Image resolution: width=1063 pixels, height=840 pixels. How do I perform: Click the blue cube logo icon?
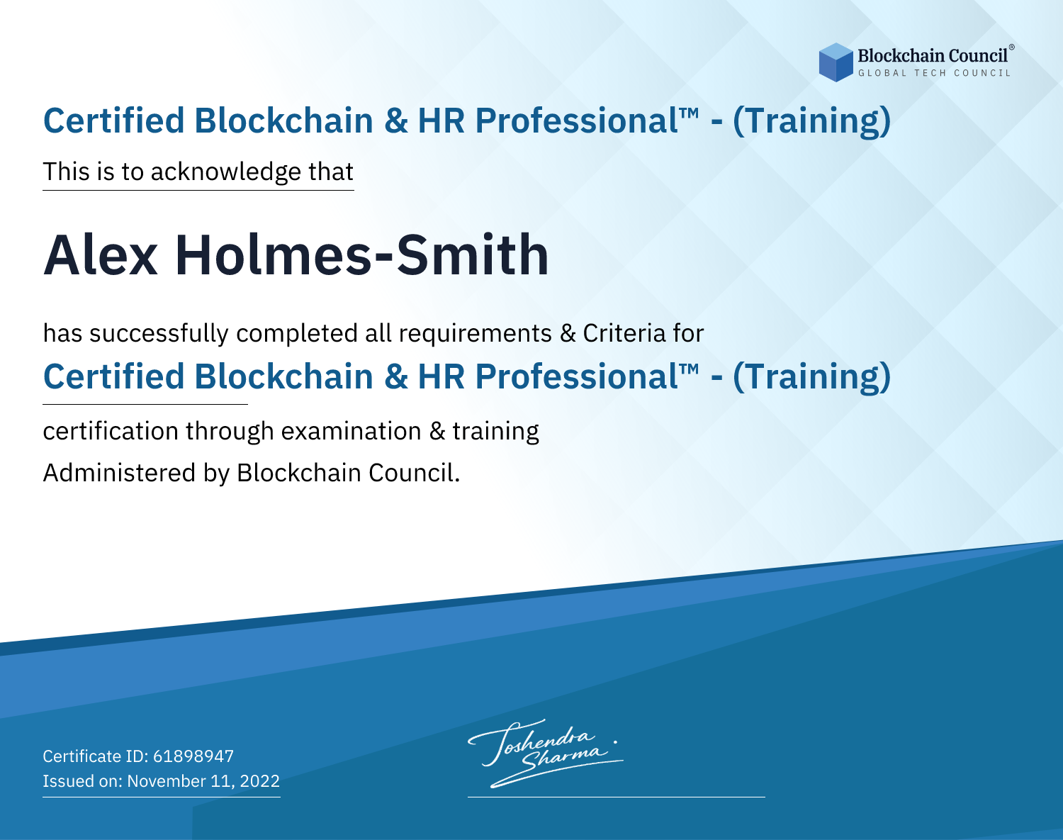[836, 62]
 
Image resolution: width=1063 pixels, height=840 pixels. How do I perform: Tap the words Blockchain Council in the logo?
[933, 56]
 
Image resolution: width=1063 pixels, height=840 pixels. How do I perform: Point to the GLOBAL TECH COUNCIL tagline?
[934, 73]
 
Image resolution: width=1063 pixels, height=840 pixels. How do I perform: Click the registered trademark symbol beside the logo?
[1012, 47]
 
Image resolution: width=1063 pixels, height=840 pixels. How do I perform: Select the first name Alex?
[101, 255]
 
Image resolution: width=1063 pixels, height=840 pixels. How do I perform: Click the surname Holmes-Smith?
[362, 254]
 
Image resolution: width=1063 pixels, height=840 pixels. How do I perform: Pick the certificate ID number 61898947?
[193, 756]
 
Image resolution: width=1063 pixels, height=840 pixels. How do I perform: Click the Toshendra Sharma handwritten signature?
[546, 753]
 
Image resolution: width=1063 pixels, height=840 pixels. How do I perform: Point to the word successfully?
[159, 334]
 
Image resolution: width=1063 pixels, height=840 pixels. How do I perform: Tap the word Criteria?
[624, 333]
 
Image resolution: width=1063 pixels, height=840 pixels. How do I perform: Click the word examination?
[351, 432]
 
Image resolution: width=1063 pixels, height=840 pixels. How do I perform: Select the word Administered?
[120, 473]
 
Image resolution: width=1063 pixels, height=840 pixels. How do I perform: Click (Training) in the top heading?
[812, 121]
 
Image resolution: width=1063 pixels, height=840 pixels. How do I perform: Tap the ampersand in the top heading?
[396, 121]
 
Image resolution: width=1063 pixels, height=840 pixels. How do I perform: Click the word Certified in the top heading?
[114, 121]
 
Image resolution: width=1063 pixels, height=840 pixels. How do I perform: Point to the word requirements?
[476, 334]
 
